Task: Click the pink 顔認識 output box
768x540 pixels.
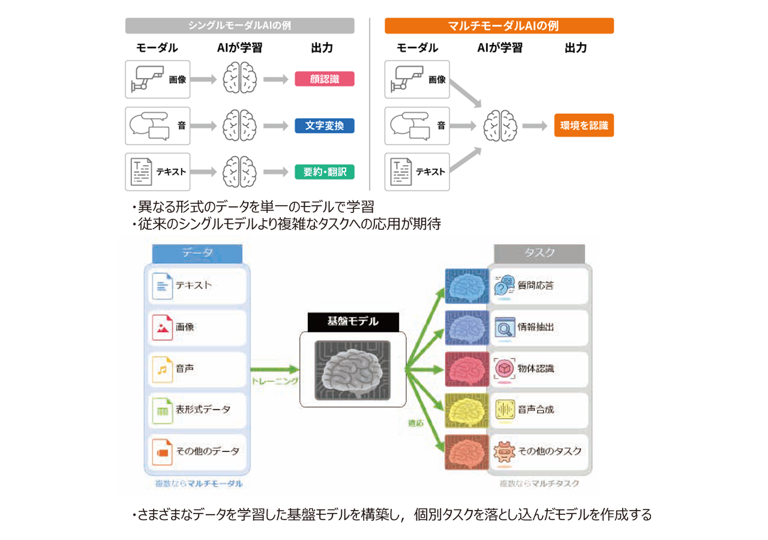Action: (325, 79)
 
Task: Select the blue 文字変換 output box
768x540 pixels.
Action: (325, 125)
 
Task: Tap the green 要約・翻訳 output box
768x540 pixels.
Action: (325, 172)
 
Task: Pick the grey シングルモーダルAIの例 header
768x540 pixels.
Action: (239, 26)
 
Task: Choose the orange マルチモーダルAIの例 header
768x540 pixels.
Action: (499, 26)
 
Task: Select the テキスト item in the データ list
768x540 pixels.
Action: (196, 286)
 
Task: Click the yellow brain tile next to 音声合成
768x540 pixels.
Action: (466, 410)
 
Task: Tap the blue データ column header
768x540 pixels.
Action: (196, 253)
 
